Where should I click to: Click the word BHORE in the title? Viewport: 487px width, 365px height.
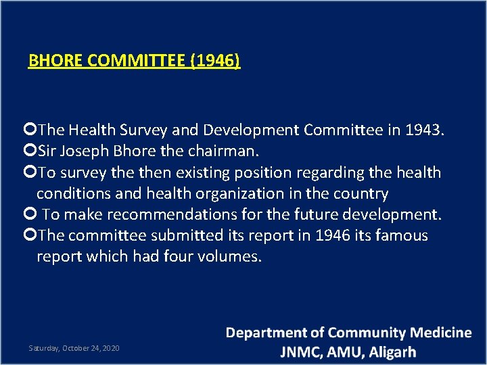(56, 62)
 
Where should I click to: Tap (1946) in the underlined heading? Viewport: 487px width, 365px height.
(215, 62)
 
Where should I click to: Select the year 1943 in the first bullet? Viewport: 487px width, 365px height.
(424, 130)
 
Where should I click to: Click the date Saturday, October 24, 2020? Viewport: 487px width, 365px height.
(74, 347)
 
